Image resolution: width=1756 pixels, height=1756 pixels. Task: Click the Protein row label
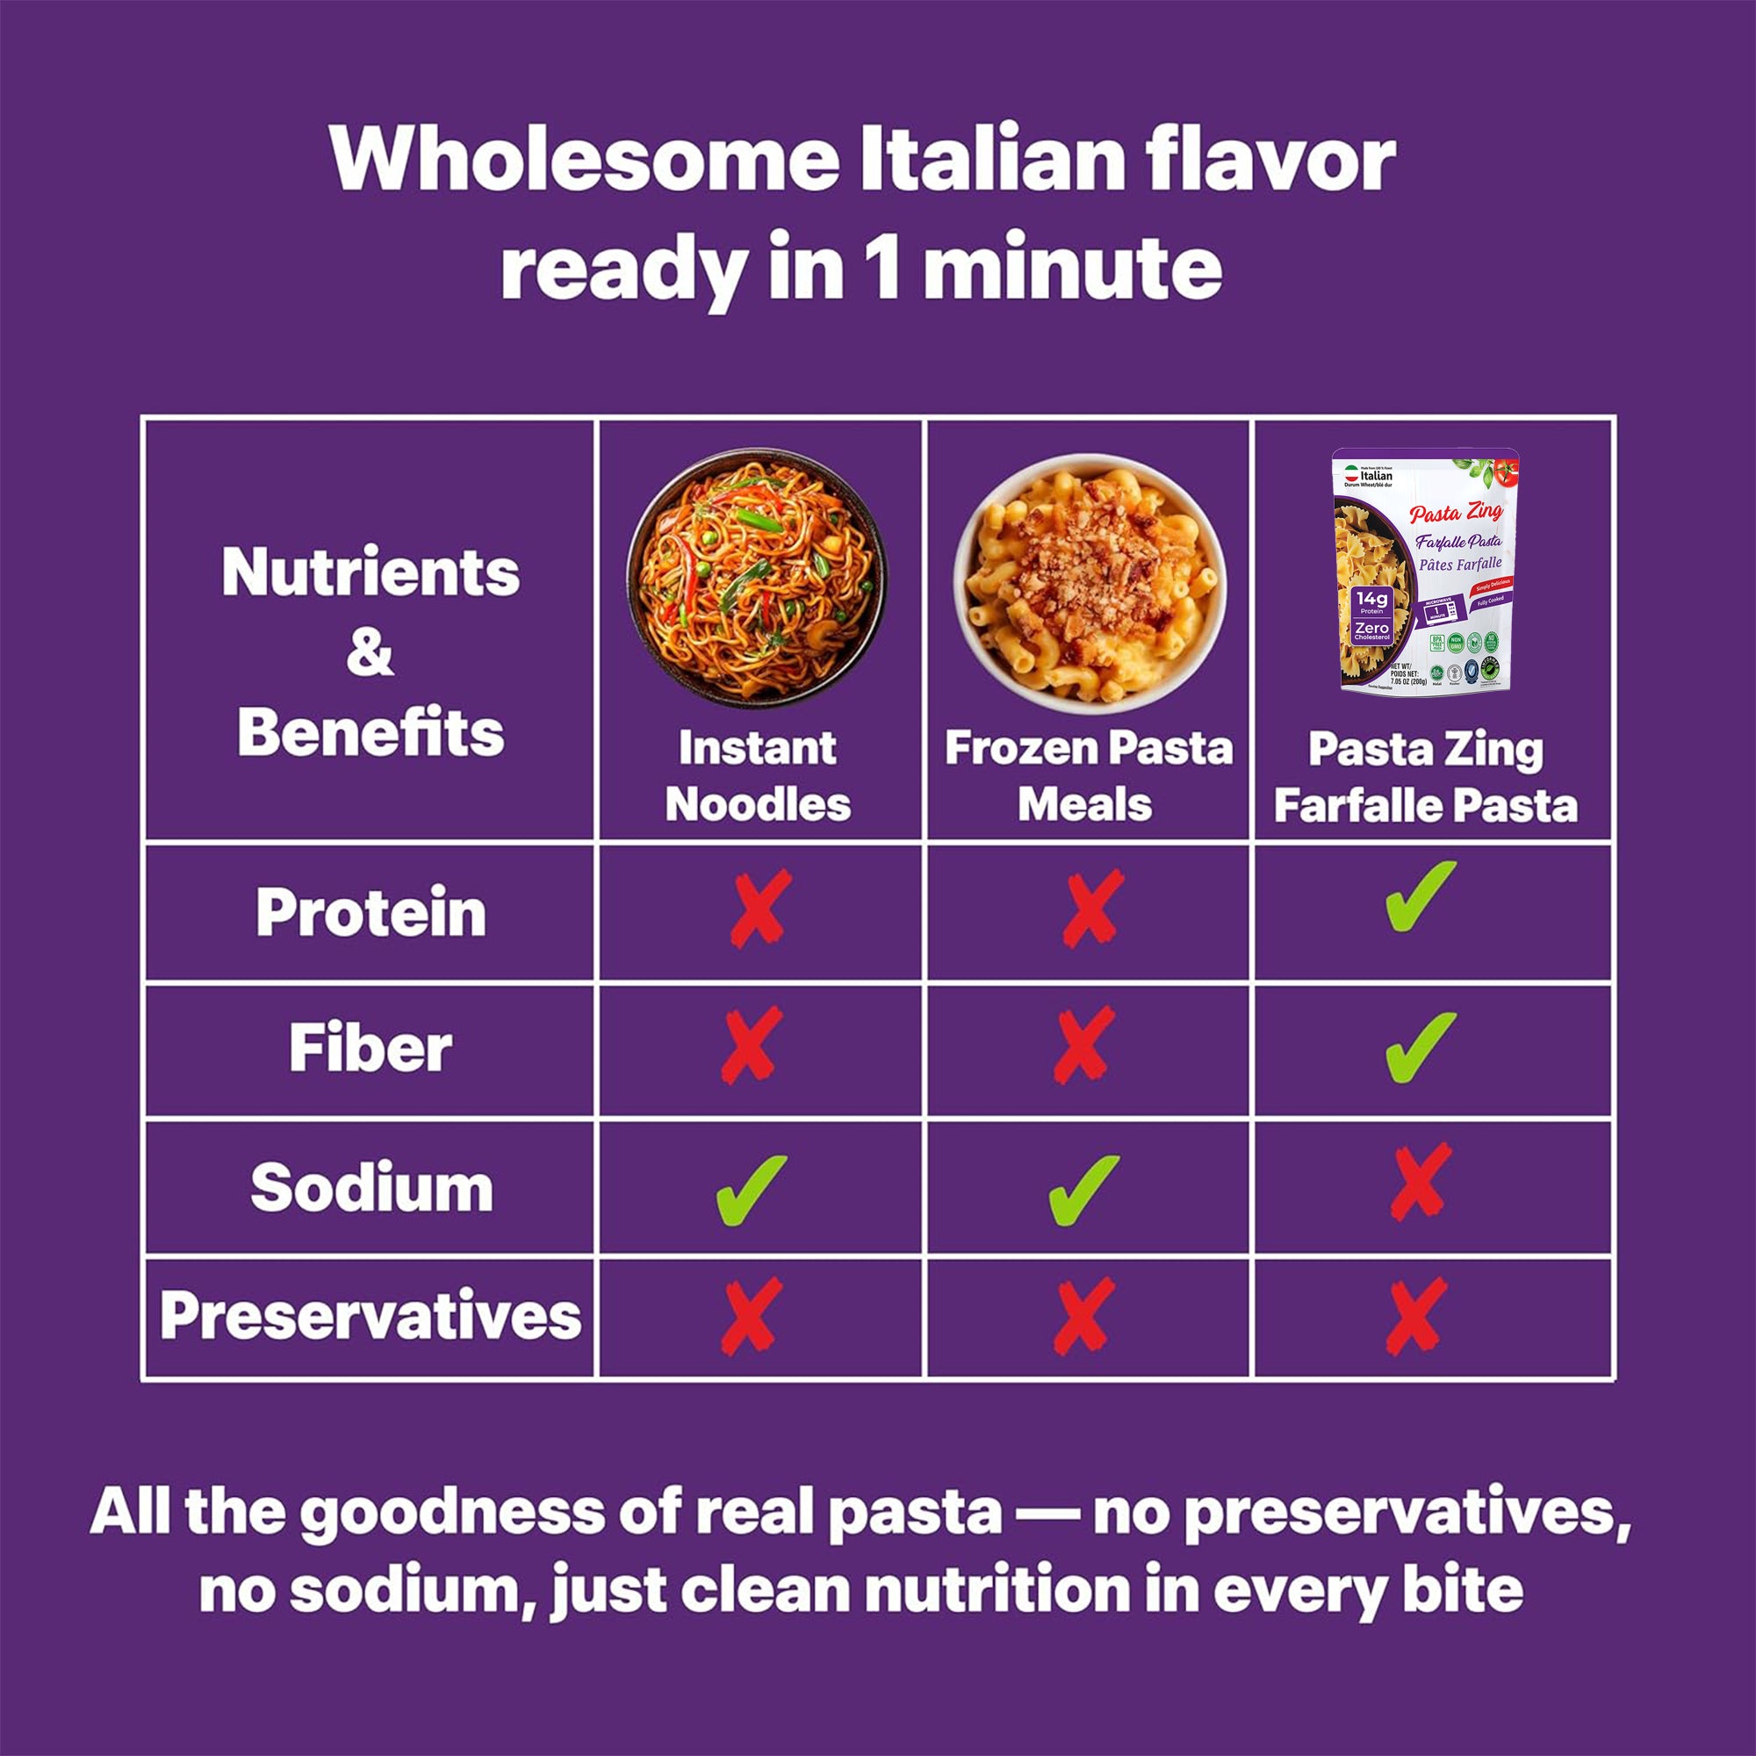coord(370,911)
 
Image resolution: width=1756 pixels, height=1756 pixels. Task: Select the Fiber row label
coord(370,1049)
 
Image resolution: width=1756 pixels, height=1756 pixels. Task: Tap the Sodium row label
coord(371,1188)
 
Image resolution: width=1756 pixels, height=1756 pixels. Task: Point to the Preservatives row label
coord(370,1315)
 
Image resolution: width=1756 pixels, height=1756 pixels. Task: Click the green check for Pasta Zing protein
coord(1420,896)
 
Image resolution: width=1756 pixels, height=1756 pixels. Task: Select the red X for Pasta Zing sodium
coord(1421,1182)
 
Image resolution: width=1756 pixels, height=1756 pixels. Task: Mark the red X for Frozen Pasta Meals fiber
coord(1083,1045)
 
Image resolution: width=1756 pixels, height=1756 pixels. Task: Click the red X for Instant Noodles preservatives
coord(751,1315)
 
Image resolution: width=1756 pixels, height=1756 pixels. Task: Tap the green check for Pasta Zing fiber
coord(1420,1047)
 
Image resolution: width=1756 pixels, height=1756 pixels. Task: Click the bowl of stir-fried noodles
coord(756,579)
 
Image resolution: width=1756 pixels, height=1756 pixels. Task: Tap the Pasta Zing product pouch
coord(1425,572)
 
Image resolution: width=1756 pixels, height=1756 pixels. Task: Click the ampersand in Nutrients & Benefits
coord(370,652)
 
